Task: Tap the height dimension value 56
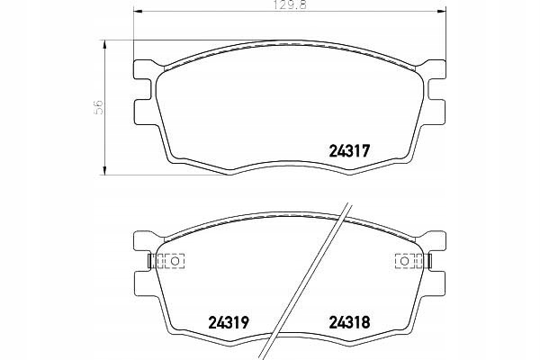pyautogui.click(x=101, y=106)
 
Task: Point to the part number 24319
pyautogui.click(x=229, y=319)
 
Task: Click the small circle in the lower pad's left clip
pyautogui.click(x=164, y=261)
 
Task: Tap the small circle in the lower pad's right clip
pyautogui.click(x=405, y=261)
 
